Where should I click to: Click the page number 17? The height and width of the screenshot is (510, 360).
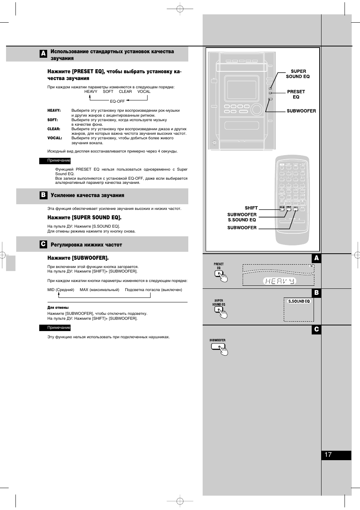(x=328, y=455)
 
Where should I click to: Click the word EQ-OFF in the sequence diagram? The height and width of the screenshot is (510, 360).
(x=117, y=101)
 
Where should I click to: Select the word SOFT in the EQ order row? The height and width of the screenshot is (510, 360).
(x=108, y=91)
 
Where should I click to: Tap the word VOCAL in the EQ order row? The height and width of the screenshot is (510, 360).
(x=144, y=91)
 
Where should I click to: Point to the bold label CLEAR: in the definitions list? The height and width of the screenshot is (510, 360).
(x=54, y=129)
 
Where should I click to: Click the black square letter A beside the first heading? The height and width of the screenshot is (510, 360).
(x=43, y=54)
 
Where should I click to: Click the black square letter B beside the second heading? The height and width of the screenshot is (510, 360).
(x=43, y=195)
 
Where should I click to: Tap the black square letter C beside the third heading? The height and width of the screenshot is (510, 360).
(x=43, y=244)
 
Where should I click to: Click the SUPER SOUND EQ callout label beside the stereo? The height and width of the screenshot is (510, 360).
(x=298, y=74)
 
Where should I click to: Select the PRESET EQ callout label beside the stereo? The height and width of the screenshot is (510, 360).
(x=296, y=94)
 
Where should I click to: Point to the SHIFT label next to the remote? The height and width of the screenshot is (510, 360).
(x=251, y=208)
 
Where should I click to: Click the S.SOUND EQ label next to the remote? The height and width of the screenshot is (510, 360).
(x=242, y=220)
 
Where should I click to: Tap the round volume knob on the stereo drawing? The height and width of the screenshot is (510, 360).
(x=257, y=109)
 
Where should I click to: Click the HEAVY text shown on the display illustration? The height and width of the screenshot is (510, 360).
(x=279, y=281)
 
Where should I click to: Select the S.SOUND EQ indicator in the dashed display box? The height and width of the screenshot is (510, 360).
(x=299, y=301)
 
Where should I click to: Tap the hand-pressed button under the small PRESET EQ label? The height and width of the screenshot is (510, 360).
(x=219, y=274)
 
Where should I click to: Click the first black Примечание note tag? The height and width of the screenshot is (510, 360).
(x=55, y=160)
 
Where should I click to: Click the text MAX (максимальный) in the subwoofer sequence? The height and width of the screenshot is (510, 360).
(x=99, y=290)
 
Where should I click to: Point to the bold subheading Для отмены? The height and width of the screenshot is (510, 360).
(x=58, y=308)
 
